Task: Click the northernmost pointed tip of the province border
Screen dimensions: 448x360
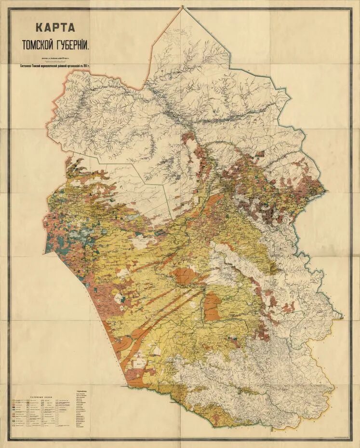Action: click(x=183, y=7)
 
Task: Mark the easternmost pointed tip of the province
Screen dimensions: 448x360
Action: click(x=343, y=317)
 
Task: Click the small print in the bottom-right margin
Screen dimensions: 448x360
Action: click(x=333, y=437)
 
